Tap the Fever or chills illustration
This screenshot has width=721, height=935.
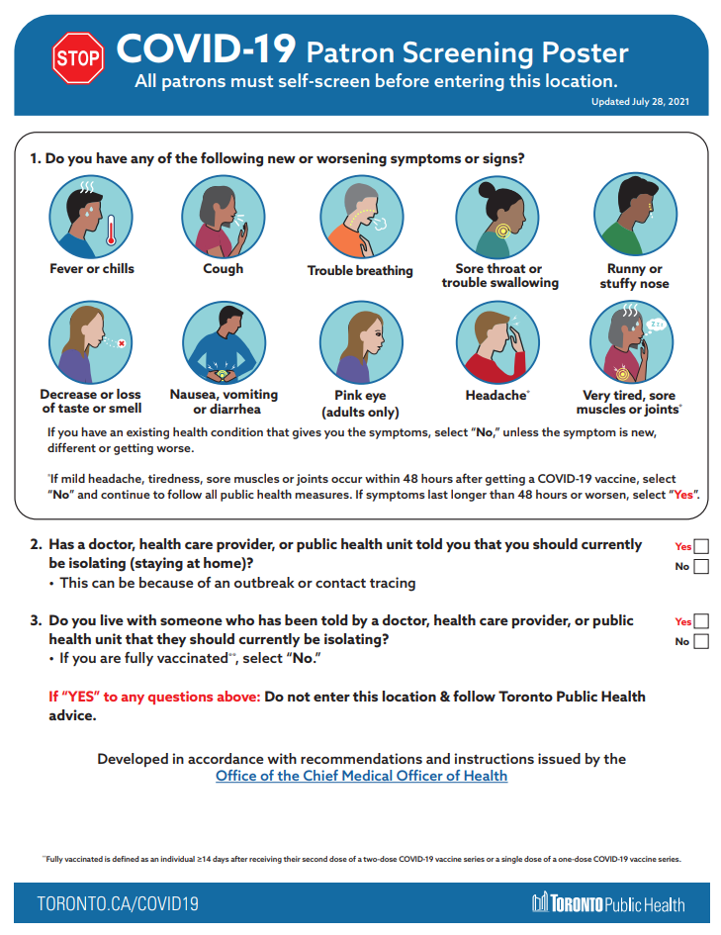91,217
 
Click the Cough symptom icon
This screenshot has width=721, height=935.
223,217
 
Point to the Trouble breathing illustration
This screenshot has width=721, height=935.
360,217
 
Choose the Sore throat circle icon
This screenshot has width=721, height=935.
497,217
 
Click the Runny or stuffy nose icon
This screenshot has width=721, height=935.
634,217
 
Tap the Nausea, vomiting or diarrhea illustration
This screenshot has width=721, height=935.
223,342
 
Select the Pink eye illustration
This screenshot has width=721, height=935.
360,342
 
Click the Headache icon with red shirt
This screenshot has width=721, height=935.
497,342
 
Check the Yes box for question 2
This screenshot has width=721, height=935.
701,546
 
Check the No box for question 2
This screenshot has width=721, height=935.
701,567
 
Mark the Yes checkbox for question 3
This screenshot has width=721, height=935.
701,621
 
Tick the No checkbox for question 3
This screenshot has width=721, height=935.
701,641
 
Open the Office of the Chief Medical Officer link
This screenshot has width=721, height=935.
361,777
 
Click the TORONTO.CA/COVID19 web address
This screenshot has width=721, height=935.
118,903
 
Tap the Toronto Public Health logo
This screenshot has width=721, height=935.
608,903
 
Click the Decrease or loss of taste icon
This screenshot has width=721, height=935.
91,342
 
